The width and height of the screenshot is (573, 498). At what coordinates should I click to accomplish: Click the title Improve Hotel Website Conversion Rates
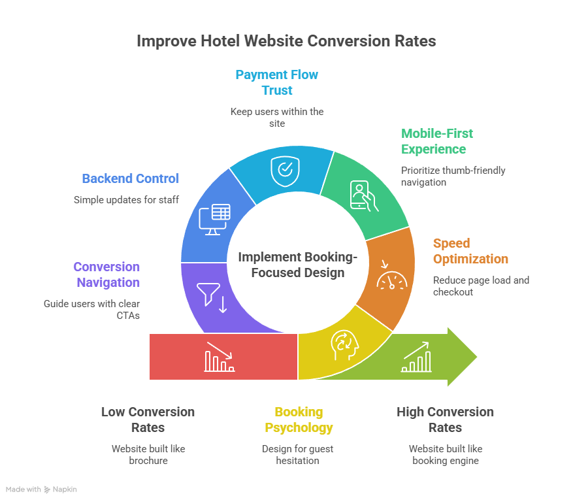tap(286, 41)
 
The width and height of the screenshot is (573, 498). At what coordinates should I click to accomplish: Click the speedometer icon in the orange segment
tap(391, 278)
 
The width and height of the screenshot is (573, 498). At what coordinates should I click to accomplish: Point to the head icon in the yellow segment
tap(344, 344)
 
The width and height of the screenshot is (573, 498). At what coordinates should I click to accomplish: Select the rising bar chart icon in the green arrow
tap(417, 357)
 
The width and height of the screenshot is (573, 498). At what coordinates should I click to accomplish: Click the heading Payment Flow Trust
tap(277, 82)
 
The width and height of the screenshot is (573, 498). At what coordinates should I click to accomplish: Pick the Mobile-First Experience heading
tap(437, 141)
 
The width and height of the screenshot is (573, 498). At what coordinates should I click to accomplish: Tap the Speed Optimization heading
tap(470, 251)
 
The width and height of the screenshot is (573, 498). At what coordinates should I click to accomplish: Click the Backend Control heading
tap(130, 178)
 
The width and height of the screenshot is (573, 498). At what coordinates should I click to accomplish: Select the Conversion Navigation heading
tap(106, 274)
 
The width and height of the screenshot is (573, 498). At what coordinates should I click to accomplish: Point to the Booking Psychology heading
tap(299, 420)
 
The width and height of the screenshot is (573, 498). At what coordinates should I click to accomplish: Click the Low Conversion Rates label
tap(148, 420)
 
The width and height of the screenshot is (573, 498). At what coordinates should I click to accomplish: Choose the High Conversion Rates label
tap(445, 420)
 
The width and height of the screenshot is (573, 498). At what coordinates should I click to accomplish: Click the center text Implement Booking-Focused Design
tap(297, 265)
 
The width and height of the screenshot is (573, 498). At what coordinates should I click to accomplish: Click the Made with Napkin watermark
tap(41, 489)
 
